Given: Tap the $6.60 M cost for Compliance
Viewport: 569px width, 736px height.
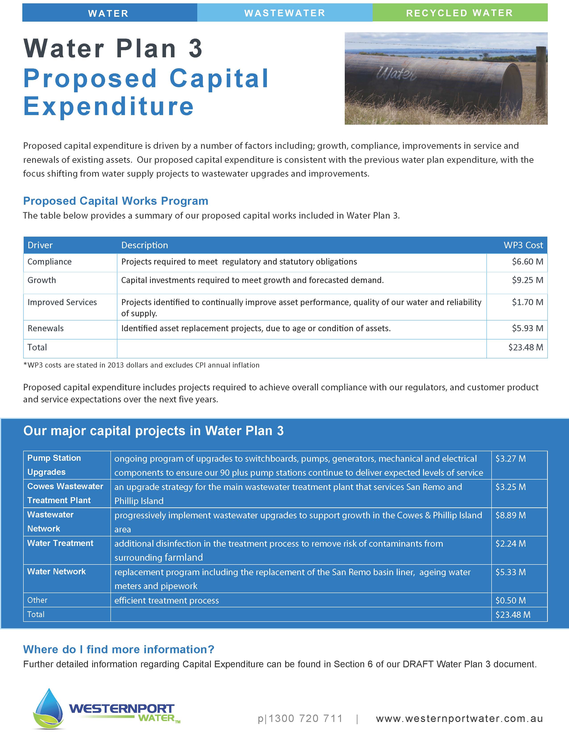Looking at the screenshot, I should pyautogui.click(x=527, y=262).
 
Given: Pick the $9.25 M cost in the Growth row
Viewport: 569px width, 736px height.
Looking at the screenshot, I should pyautogui.click(x=527, y=280).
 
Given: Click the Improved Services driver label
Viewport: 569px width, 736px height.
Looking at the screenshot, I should pyautogui.click(x=62, y=302).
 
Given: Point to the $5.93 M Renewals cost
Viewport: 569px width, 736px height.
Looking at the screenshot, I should pyautogui.click(x=527, y=328).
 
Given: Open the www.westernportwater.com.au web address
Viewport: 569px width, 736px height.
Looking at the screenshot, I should pyautogui.click(x=459, y=718).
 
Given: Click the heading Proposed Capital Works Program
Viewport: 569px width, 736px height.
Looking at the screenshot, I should pyautogui.click(x=116, y=201).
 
